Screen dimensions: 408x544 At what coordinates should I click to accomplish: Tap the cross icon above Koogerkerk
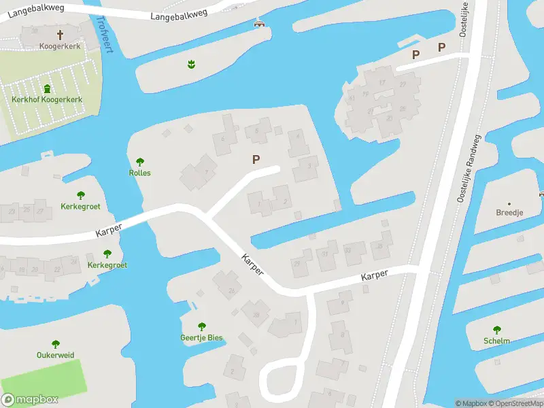[60, 33]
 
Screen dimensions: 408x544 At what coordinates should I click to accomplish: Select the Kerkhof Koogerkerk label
[47, 99]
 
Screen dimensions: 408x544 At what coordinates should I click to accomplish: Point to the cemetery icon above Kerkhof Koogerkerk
[47, 88]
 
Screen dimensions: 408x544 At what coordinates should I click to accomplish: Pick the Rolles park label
[140, 173]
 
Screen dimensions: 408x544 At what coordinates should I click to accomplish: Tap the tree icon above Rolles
[140, 162]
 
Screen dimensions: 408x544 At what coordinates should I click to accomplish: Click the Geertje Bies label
[201, 338]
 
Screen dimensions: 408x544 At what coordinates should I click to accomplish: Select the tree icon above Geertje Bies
[201, 327]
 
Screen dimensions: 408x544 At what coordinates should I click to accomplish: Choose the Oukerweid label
[56, 355]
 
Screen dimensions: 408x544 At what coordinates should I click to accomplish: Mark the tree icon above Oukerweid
[56, 344]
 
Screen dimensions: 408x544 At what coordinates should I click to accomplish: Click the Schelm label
[497, 341]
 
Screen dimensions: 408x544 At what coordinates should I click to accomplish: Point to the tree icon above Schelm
[497, 330]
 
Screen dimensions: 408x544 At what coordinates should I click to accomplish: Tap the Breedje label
[509, 212]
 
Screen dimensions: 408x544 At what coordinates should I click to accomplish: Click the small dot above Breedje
[509, 203]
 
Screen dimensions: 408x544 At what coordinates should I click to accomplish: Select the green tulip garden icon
[191, 65]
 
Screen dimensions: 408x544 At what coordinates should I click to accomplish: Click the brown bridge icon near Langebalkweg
[259, 24]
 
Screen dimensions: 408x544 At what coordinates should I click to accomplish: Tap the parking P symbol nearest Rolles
[256, 160]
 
